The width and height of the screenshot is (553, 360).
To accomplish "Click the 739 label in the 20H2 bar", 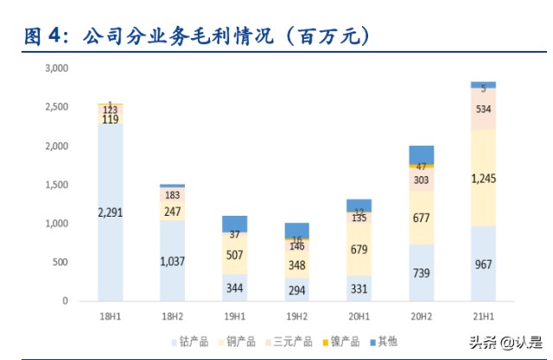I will tap(420, 272).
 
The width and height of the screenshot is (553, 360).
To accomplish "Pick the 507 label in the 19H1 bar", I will tap(233, 254).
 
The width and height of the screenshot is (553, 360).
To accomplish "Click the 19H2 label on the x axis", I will tap(296, 317).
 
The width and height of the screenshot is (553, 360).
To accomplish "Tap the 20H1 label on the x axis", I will tap(358, 317).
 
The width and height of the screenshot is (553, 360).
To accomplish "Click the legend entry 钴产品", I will tap(195, 342).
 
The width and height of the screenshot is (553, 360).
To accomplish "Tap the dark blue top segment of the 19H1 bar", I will tap(233, 223).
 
